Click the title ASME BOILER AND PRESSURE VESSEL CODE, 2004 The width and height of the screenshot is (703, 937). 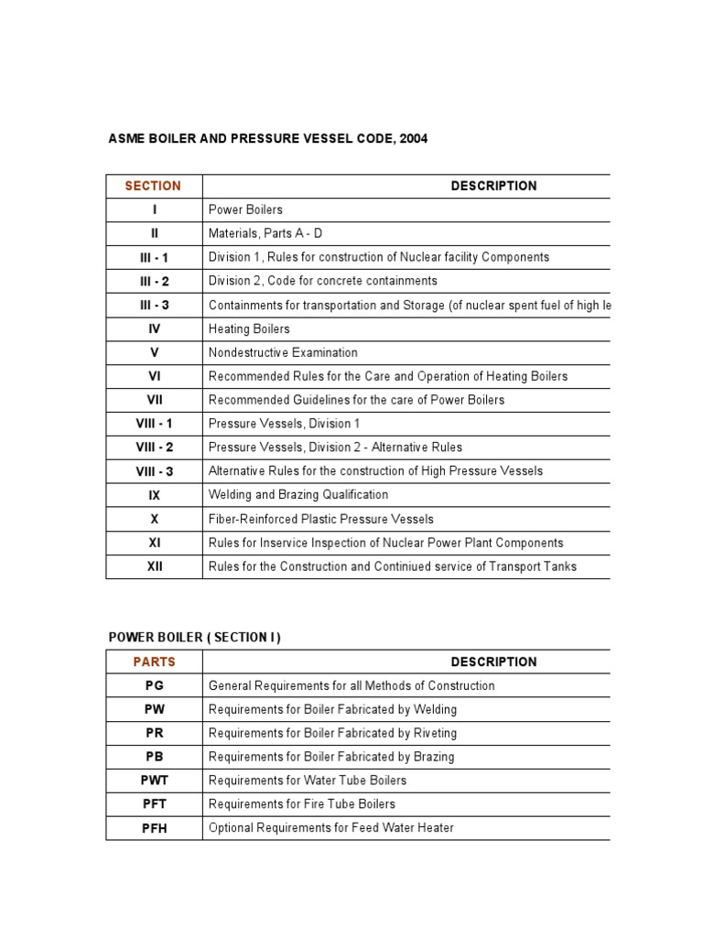pos(268,138)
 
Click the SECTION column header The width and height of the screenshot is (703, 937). pos(153,186)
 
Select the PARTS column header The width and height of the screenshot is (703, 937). pos(154,662)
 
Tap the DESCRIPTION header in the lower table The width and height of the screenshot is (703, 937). pos(493,662)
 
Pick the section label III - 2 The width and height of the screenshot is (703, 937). pos(154,281)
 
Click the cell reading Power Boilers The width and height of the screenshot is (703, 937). pos(245,210)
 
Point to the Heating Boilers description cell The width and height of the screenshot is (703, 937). pos(249,328)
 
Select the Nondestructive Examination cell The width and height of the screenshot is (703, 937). pos(283,352)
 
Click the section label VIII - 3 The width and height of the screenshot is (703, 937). pos(154,471)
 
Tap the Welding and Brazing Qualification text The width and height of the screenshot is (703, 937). pos(298,495)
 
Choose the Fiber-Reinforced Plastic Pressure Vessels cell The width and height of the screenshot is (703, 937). pos(321,519)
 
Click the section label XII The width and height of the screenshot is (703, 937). pos(154,566)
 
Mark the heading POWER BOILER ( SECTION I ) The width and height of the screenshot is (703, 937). pos(194,638)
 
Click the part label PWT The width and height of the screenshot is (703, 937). pos(154,781)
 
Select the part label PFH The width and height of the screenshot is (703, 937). pos(154,828)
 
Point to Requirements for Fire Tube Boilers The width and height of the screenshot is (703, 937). pos(302,804)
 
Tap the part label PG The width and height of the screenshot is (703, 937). pos(154,685)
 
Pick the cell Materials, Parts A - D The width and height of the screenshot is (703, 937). pos(265,233)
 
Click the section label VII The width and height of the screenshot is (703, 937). pos(154,400)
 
